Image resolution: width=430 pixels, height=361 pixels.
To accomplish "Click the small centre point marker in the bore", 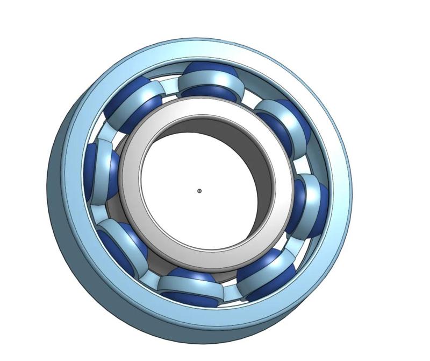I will [x=199, y=191].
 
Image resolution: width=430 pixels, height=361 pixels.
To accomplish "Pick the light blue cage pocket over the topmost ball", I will [x=207, y=81].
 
